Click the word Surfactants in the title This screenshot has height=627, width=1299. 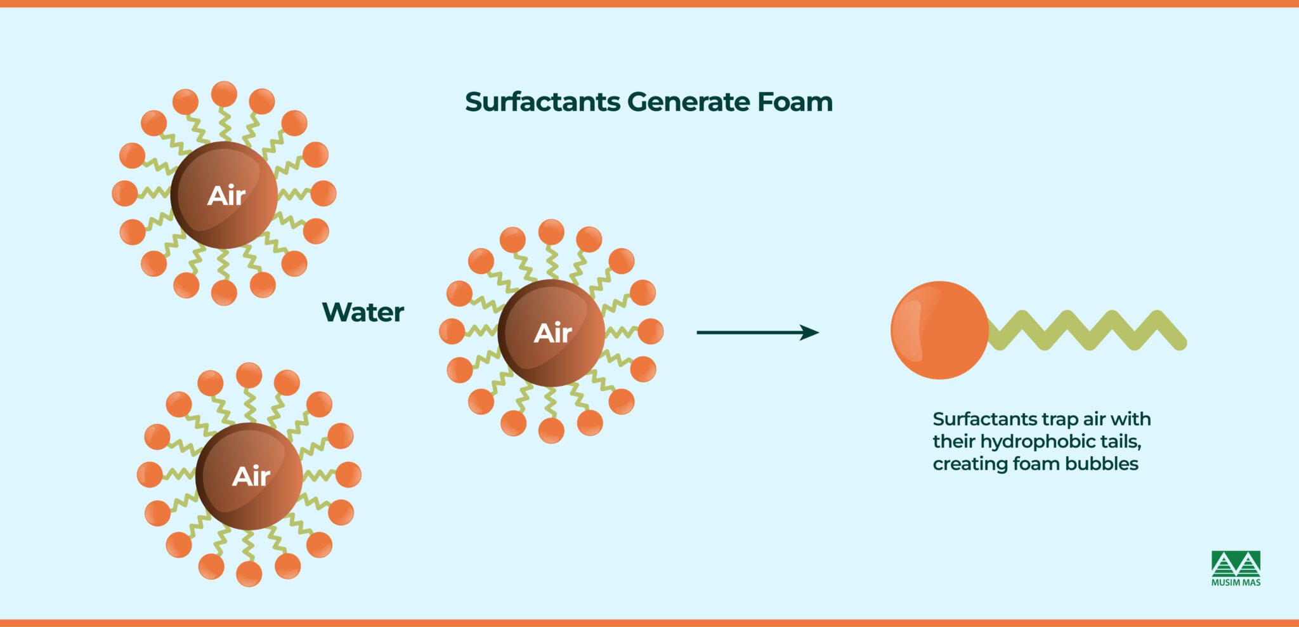click(x=542, y=102)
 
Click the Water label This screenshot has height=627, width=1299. click(x=363, y=312)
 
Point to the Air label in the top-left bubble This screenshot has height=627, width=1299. click(x=226, y=195)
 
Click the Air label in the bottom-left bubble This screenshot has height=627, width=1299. click(x=251, y=477)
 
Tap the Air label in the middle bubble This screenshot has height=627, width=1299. click(x=553, y=333)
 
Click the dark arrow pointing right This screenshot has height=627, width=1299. click(x=757, y=332)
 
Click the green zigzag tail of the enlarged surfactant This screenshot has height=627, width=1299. click(x=1088, y=330)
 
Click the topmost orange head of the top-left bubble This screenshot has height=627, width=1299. click(x=224, y=94)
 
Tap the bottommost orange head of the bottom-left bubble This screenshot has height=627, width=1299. click(x=249, y=574)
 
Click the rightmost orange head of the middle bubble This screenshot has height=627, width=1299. click(x=651, y=331)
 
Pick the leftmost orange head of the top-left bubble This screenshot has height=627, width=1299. click(x=124, y=193)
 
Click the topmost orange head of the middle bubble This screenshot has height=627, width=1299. click(x=551, y=232)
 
